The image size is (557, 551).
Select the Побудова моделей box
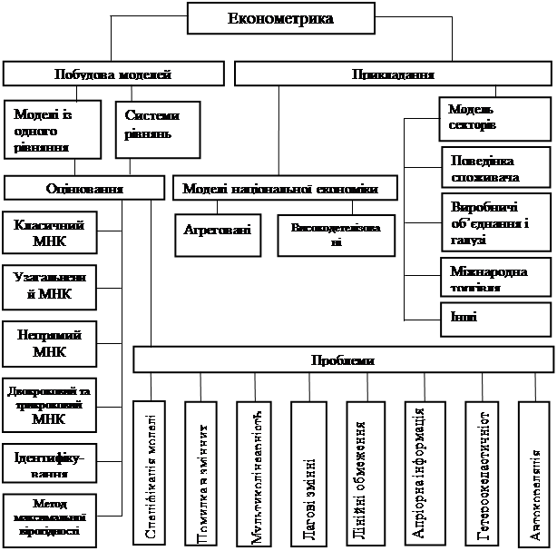[114, 74]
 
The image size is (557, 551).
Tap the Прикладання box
[393, 74]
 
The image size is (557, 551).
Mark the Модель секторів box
[495, 119]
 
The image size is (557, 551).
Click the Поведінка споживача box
[495, 168]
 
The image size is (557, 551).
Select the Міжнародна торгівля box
[495, 277]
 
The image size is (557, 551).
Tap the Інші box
[495, 319]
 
